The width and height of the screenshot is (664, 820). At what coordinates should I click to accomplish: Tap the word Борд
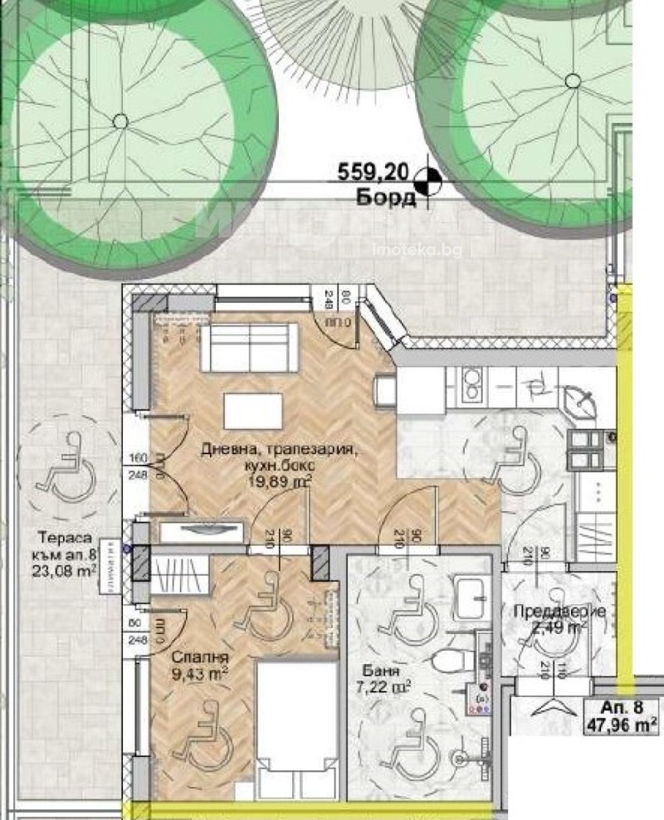click(x=387, y=198)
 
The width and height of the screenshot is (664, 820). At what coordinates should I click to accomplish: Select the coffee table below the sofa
click(x=252, y=411)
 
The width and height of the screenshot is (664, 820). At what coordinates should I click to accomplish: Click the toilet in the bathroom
click(x=447, y=660)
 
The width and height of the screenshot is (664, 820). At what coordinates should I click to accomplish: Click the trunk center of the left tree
click(x=120, y=121)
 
